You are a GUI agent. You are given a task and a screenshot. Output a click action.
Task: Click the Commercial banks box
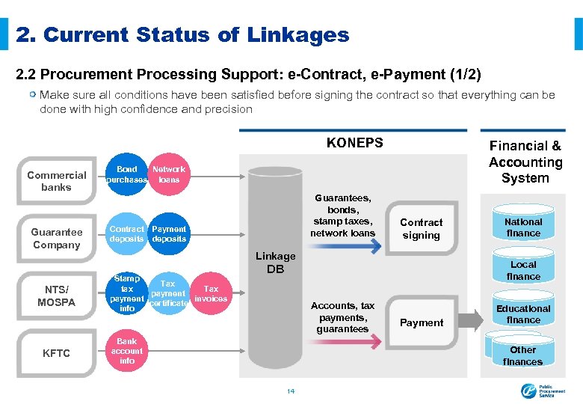tap(57, 181)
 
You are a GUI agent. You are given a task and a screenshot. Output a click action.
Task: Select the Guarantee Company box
tap(57, 239)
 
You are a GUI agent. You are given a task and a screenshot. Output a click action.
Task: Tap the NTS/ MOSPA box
tap(57, 296)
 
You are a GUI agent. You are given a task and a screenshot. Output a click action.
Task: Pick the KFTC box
tap(57, 353)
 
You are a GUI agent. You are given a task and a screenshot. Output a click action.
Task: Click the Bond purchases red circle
tap(127, 175)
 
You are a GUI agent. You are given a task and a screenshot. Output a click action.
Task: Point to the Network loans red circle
tap(169, 175)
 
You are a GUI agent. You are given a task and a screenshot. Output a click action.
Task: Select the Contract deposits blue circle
tap(127, 233)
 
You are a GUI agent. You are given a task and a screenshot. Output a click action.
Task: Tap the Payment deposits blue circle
tap(169, 233)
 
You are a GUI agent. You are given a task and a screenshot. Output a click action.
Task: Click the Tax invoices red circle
tap(211, 293)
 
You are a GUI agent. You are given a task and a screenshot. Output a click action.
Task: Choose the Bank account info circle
tap(127, 351)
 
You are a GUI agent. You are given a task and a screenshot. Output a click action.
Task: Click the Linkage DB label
tap(276, 263)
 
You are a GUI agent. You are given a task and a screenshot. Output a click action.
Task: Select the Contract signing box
tap(422, 229)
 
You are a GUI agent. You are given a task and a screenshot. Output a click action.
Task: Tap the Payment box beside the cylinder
tap(422, 322)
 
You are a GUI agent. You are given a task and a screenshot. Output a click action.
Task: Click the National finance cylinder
tap(523, 227)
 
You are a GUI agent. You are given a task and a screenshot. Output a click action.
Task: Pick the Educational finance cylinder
tap(523, 314)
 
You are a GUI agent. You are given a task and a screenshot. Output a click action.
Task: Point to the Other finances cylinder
tap(523, 355)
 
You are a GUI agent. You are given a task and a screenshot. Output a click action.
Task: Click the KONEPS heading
tap(354, 143)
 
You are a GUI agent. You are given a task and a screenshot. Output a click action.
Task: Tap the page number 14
tap(291, 391)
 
